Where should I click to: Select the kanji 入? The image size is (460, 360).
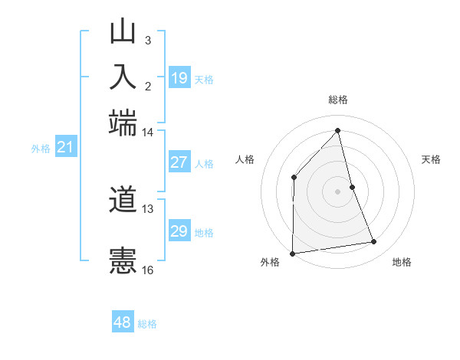click(123, 77)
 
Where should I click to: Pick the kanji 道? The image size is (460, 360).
click(123, 201)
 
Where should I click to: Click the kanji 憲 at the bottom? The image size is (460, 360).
click(123, 260)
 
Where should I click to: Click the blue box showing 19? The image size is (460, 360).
click(179, 77)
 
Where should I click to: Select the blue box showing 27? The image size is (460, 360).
click(179, 162)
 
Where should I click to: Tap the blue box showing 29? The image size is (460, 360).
click(179, 231)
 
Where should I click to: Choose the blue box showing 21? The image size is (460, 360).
click(64, 146)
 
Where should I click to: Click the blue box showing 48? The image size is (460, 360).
click(122, 322)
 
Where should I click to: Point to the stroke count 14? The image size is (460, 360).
click(147, 132)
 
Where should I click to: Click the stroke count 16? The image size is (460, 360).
click(148, 270)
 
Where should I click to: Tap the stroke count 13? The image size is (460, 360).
click(148, 208)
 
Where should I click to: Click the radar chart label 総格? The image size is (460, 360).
click(338, 100)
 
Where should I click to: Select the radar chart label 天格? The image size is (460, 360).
click(431, 159)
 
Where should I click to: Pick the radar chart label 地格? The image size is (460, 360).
click(402, 262)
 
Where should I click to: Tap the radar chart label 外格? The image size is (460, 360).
click(270, 262)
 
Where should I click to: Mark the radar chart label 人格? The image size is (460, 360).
click(245, 159)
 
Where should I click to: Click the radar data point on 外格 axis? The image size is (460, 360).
click(292, 254)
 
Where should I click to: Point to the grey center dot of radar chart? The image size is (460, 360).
click(338, 191)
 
